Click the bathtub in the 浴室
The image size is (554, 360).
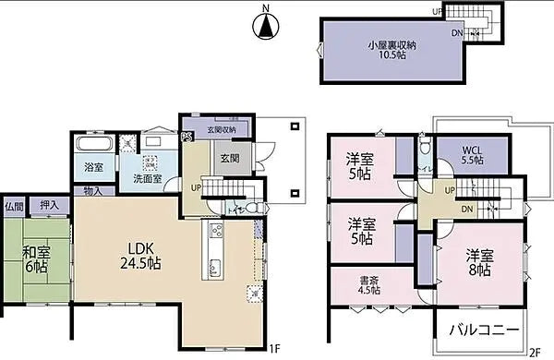(92, 146)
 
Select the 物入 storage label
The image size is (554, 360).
(93, 191)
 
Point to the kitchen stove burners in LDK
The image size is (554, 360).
(215, 230)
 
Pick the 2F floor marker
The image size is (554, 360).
(536, 351)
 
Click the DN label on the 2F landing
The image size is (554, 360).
(467, 209)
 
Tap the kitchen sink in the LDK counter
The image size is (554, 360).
(214, 269)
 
